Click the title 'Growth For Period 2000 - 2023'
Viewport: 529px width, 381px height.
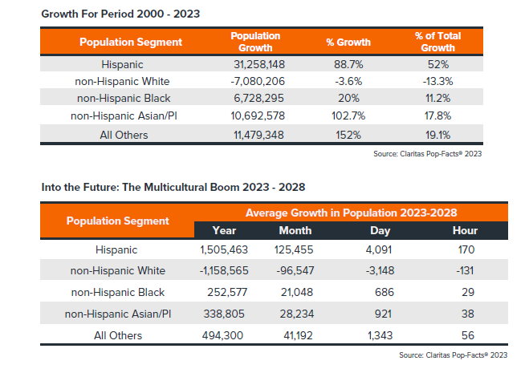[108, 14]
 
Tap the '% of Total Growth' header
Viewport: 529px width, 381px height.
[437, 42]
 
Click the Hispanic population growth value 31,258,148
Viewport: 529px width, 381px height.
[255, 63]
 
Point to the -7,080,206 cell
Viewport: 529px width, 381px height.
[255, 81]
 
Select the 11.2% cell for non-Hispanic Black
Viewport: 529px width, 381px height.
[437, 99]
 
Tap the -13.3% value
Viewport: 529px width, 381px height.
[437, 81]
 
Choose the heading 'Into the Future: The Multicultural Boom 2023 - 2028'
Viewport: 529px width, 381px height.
[163, 187]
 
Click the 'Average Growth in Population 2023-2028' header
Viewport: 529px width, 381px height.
[351, 213]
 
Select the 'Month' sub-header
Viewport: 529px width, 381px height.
[295, 231]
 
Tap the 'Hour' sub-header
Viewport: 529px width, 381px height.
[465, 231]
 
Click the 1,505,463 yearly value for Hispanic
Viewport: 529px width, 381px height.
[224, 250]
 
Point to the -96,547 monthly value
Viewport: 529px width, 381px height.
[295, 271]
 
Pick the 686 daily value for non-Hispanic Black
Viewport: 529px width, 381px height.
[373, 293]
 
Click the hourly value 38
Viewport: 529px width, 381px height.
[465, 314]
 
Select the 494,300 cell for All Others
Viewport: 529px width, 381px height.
[224, 335]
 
